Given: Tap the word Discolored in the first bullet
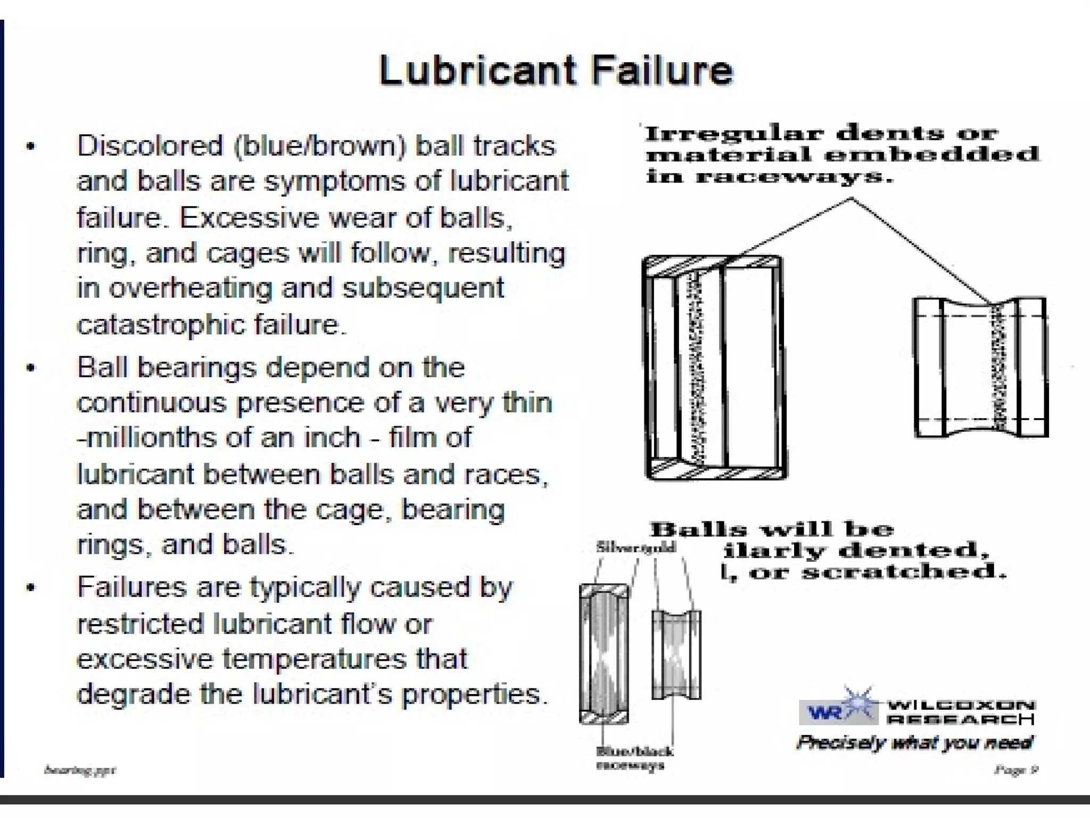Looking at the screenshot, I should click(x=150, y=145).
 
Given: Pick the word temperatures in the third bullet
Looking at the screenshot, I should click(x=314, y=659).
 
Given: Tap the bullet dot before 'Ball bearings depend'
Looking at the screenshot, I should click(x=31, y=368).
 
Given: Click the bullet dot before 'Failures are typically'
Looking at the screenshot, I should click(x=31, y=588).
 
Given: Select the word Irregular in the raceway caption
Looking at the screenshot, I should click(x=734, y=133).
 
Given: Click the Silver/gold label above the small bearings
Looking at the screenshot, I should click(x=635, y=547).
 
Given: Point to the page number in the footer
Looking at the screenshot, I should click(x=1016, y=770).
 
